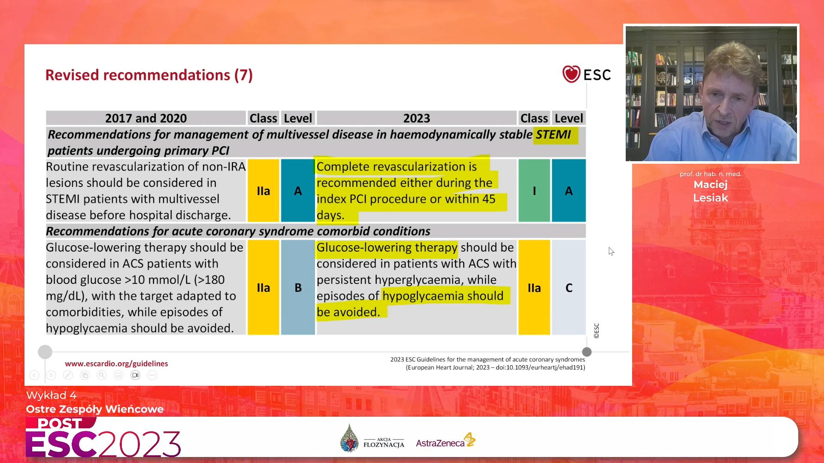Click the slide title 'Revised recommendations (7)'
click(149, 75)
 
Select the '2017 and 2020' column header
click(146, 118)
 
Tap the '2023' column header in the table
click(416, 118)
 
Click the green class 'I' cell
click(534, 190)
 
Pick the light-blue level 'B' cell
click(298, 287)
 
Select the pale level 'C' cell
click(569, 287)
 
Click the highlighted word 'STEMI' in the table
click(553, 135)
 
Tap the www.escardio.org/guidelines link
click(116, 364)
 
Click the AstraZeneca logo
click(445, 441)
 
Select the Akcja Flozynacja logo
click(372, 439)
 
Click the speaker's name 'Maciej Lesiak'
click(711, 191)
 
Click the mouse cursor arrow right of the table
click(611, 251)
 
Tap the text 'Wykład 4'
click(51, 395)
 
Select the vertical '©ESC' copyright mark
click(596, 331)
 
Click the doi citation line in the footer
click(496, 367)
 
